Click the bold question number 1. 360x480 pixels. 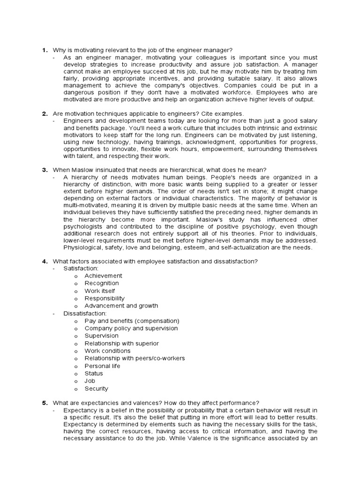pos(45,50)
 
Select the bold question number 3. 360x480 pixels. pos(45,170)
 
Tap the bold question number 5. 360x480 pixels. pos(45,403)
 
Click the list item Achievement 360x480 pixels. pos(103,276)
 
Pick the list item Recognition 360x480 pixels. pos(102,283)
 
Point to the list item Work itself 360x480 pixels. pos(99,291)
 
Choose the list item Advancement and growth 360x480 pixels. pos(121,306)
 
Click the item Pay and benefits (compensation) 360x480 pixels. pos(132,321)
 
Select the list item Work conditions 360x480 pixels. pos(107,351)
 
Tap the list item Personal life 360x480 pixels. pos(102,366)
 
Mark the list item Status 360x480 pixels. pos(93,373)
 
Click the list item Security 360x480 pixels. pos(96,388)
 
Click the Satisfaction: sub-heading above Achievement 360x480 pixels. pos(81,268)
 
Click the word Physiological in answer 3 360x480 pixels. pos(82,247)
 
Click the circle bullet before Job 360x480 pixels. pos(75,381)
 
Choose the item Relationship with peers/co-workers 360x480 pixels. pos(135,358)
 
